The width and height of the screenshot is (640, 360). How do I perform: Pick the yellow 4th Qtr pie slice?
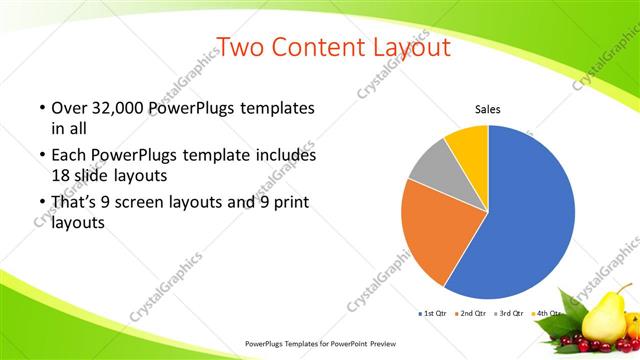tap(468, 142)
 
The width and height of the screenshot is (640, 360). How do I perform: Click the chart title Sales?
tap(487, 110)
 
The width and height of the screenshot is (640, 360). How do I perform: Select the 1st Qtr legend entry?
tap(434, 314)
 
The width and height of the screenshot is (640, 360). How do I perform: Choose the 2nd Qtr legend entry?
tap(473, 314)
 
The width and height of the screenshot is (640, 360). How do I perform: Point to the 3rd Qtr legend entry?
tap(512, 314)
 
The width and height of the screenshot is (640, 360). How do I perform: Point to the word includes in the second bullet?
tap(288, 156)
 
